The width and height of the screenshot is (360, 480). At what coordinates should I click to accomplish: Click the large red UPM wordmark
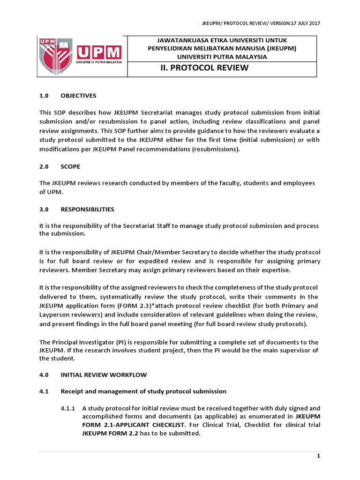[99, 52]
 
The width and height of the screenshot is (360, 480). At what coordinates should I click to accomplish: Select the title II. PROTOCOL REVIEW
[204, 68]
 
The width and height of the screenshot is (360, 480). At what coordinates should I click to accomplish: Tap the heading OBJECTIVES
[78, 96]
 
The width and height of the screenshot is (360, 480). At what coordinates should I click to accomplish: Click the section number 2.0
[44, 166]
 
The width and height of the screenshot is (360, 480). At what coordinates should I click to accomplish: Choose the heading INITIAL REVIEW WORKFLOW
[104, 375]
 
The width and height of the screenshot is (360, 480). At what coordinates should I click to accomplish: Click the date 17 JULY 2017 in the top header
[305, 23]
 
